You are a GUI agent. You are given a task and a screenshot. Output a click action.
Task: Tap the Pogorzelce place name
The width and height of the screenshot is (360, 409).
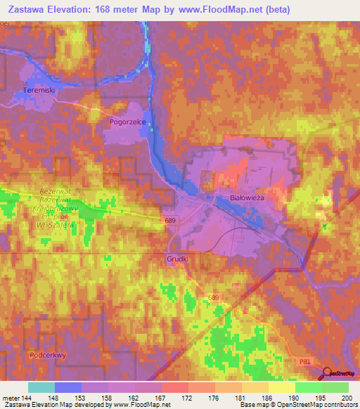[x=127, y=121]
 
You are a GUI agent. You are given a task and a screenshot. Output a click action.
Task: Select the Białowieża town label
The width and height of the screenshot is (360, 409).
[x=247, y=198]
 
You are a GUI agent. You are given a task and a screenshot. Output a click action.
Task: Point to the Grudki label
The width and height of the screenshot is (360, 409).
[x=177, y=259]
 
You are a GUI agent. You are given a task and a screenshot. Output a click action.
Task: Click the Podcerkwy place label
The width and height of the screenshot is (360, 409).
[x=48, y=355]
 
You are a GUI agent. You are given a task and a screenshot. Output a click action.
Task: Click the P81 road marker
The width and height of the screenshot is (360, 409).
[x=304, y=361]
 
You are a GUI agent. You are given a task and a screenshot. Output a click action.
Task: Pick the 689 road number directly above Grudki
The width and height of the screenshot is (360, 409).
[x=169, y=221]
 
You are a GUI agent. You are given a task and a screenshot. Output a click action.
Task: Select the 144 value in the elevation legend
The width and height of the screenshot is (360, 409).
[x=27, y=398]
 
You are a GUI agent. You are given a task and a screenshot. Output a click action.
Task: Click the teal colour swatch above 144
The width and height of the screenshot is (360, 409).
[x=41, y=387]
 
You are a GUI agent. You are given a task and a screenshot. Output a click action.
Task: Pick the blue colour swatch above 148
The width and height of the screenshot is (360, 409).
[x=67, y=387]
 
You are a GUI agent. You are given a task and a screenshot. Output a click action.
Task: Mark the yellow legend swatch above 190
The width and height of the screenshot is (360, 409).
[x=281, y=387]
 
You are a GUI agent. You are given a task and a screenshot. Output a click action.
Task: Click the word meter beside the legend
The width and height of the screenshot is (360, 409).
[x=10, y=398]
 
